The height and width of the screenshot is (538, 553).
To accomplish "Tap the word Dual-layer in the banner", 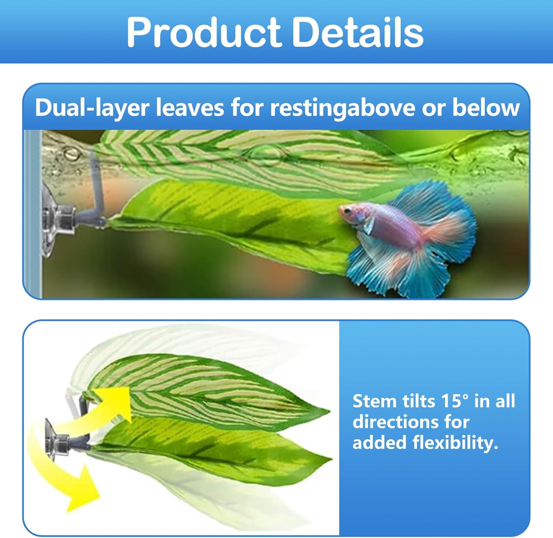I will pyautogui.click(x=92, y=108).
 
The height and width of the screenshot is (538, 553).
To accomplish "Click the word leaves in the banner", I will pyautogui.click(x=189, y=108).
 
